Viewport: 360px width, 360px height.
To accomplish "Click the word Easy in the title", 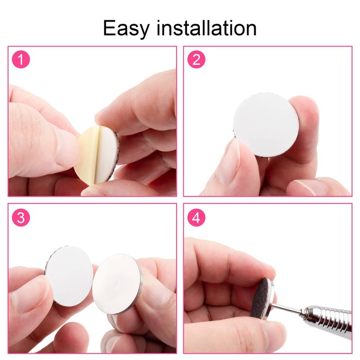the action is (126, 28).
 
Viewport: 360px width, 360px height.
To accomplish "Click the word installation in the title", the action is (207, 28).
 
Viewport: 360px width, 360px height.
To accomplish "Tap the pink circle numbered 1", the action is (21, 59).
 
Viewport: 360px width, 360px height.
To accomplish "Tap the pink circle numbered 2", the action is (196, 59).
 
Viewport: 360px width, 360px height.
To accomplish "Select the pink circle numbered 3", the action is (21, 217).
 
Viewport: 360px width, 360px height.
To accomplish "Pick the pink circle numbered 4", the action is (196, 217).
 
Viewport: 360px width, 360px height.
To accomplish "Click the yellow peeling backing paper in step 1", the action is (86, 156).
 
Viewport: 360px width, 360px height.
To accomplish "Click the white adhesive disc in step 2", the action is (266, 125).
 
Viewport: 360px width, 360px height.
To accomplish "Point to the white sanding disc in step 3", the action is (69, 276).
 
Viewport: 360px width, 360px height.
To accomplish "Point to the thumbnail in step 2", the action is (231, 161).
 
